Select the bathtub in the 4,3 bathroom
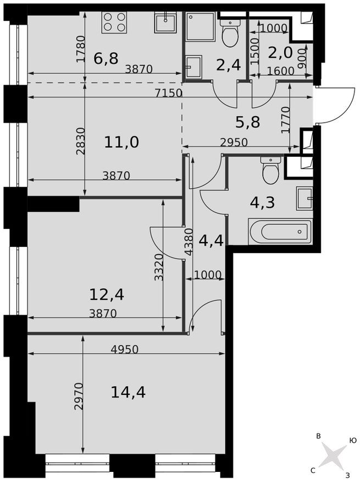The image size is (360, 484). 280,232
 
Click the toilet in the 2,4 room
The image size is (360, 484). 229,34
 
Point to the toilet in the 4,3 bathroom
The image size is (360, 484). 271,170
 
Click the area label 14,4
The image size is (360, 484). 128,392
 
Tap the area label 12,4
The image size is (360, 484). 107,294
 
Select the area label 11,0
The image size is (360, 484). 121,142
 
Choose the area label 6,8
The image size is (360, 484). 106,58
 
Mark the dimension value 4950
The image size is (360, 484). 124,349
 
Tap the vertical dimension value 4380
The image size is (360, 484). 189,243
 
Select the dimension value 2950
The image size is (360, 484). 234,142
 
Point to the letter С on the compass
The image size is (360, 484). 313,470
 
